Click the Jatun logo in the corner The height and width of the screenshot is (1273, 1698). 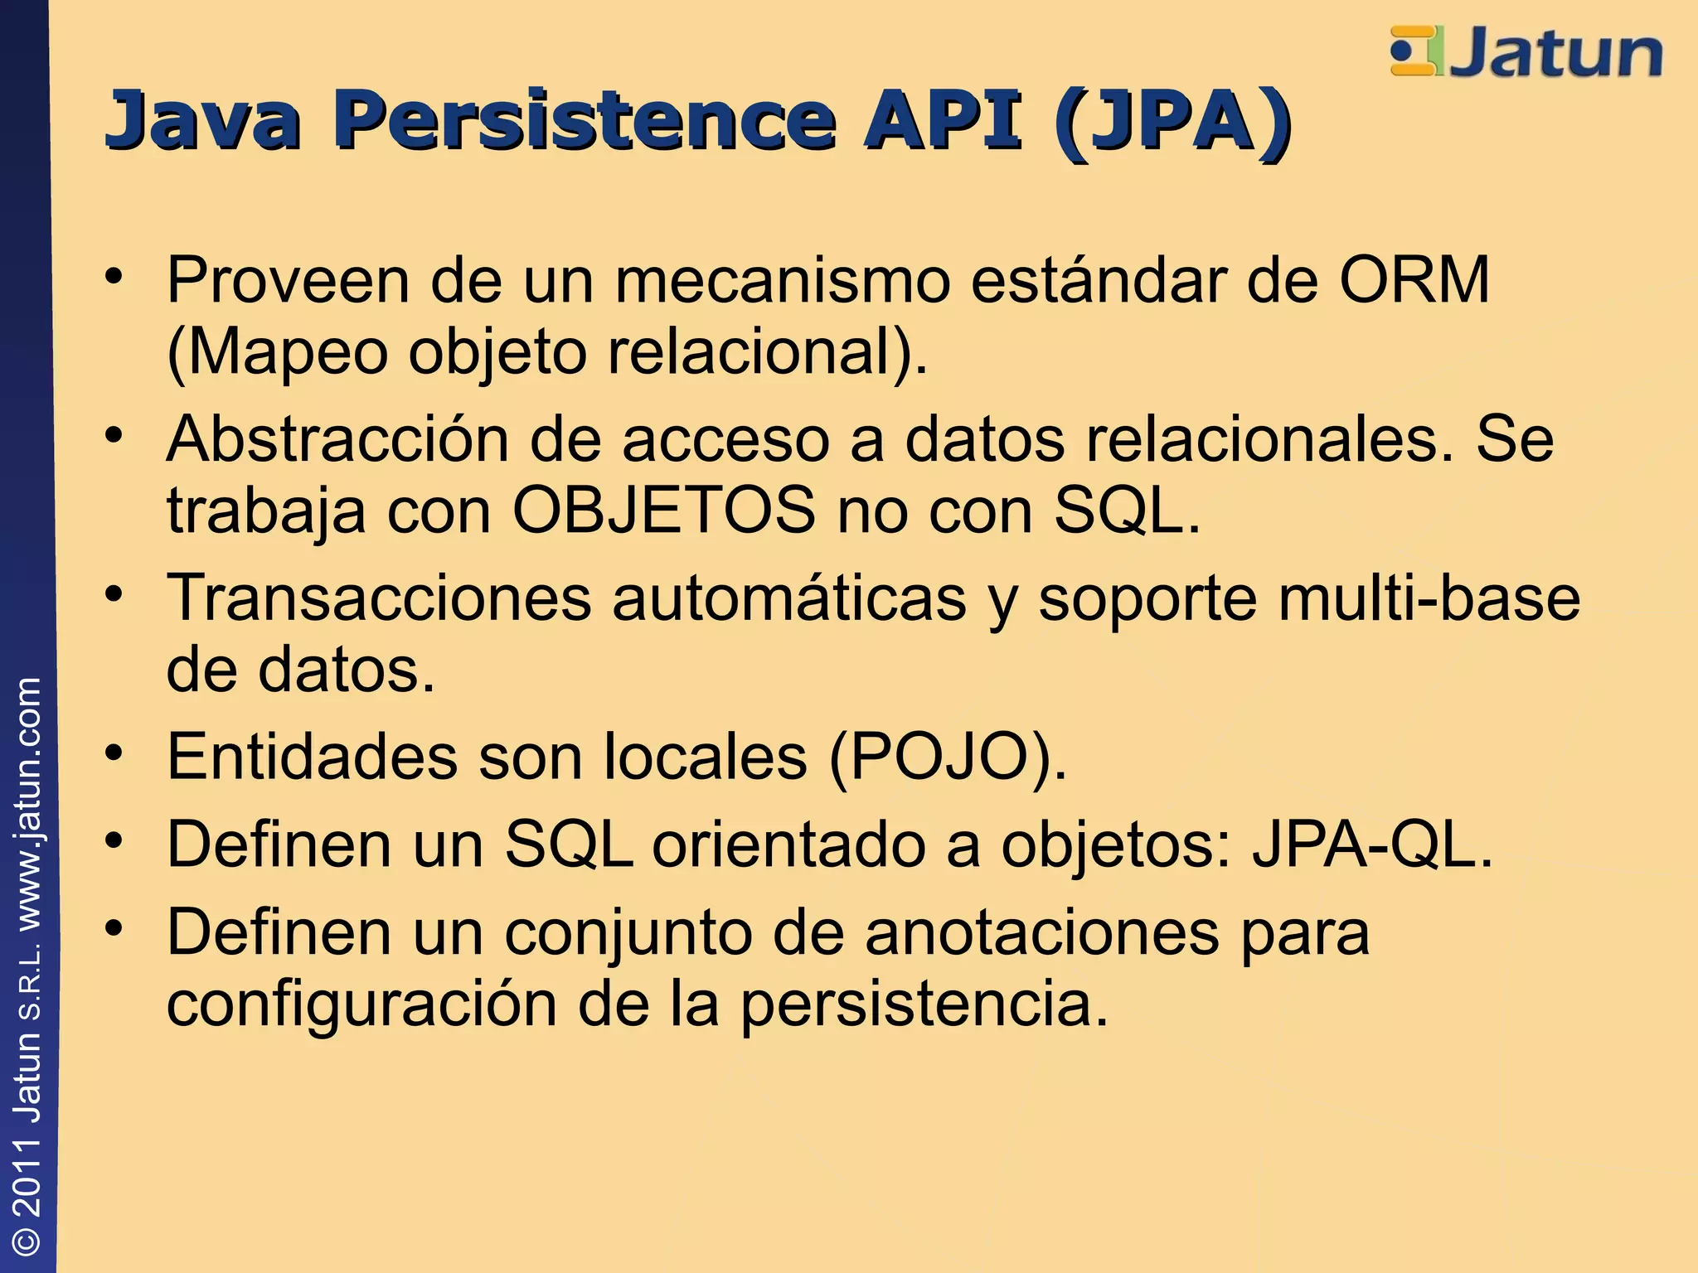[x=1526, y=51]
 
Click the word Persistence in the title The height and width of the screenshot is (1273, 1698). [x=585, y=121]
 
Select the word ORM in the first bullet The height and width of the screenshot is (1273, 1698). [x=1414, y=280]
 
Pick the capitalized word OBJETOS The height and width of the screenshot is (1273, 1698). [x=664, y=511]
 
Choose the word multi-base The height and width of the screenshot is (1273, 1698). [x=1429, y=598]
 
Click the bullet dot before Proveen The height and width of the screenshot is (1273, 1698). [x=114, y=275]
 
